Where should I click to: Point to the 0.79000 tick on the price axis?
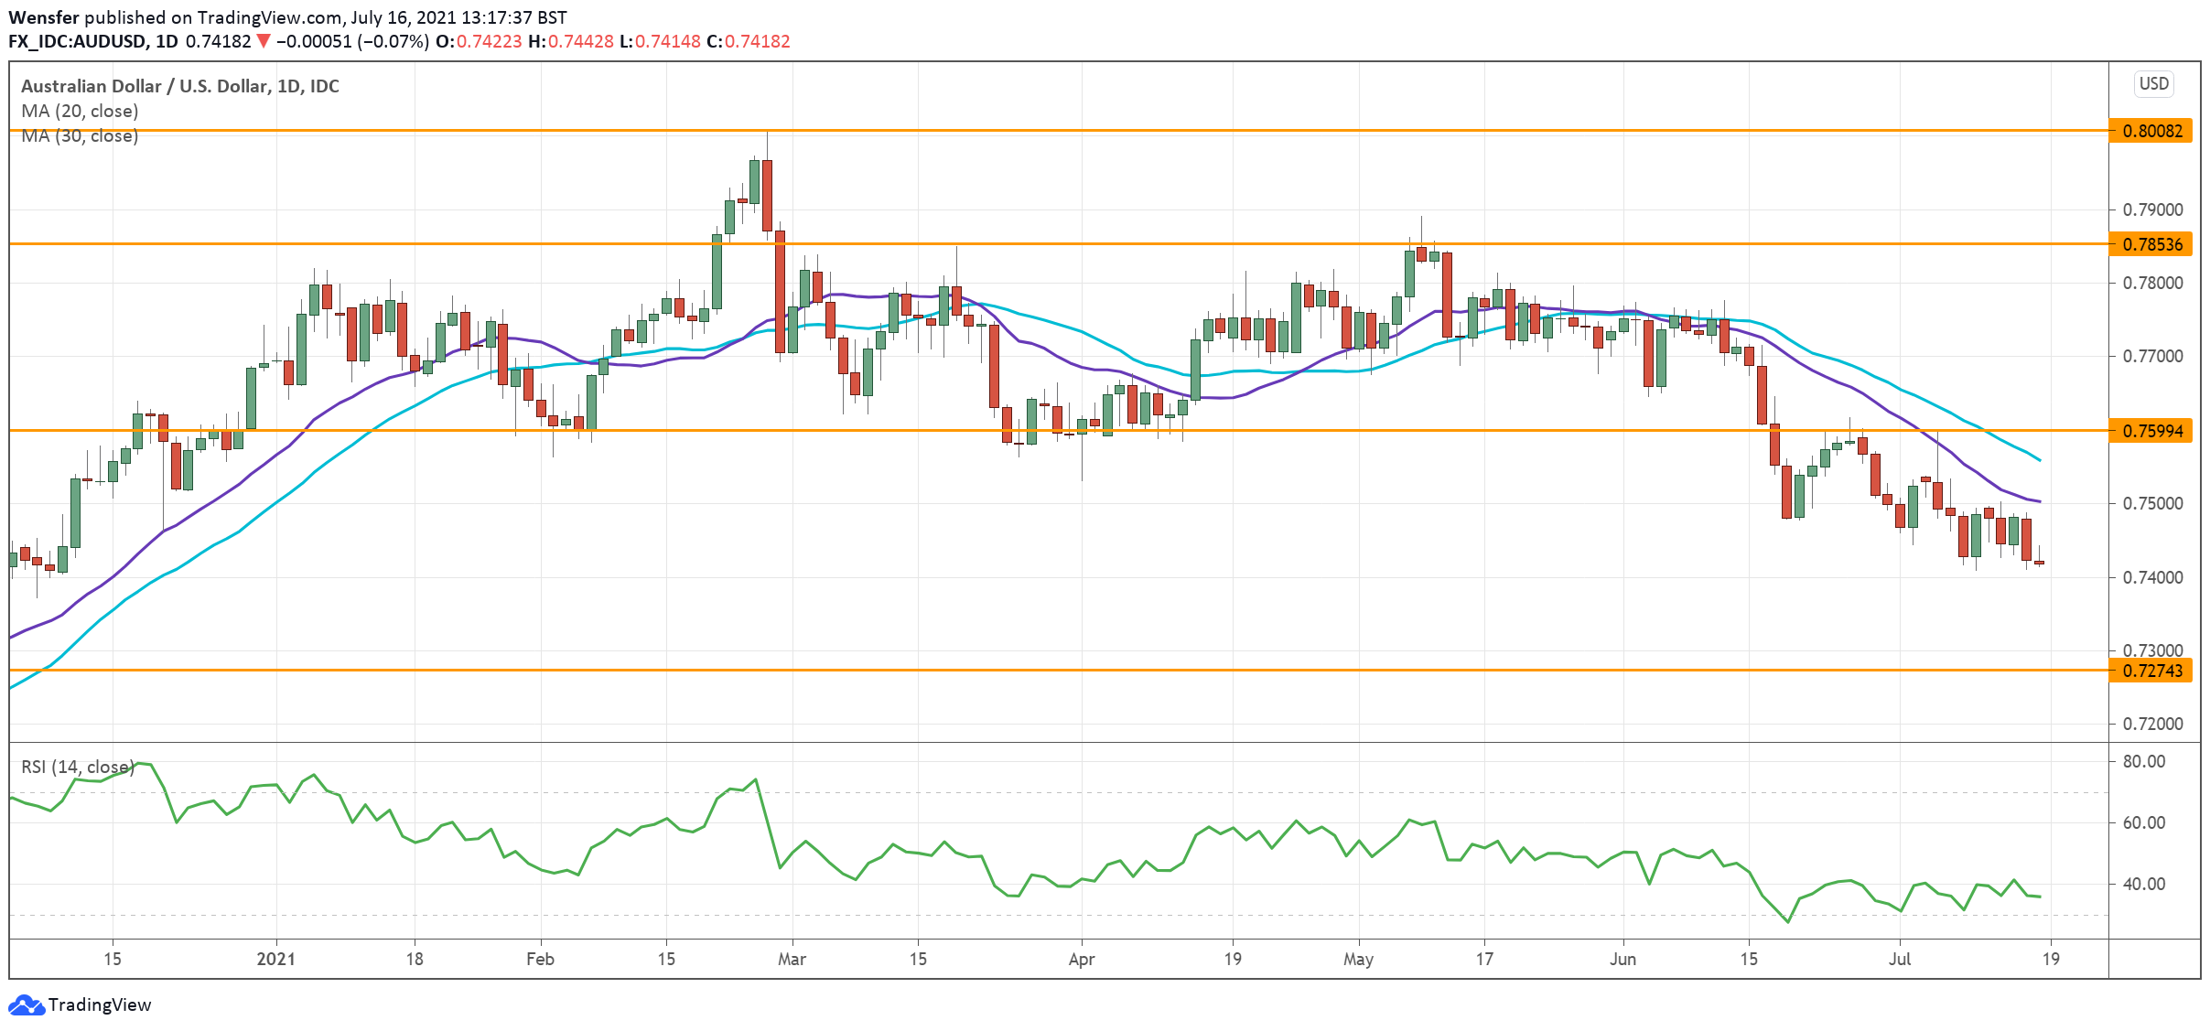click(x=2152, y=209)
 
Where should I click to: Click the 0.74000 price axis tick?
click(x=2152, y=577)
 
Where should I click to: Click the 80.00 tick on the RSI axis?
click(x=2143, y=761)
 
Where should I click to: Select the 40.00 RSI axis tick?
click(x=2143, y=884)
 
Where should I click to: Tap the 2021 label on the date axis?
click(x=275, y=959)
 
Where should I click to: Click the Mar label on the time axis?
click(x=792, y=959)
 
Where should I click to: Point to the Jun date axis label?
click(x=1622, y=959)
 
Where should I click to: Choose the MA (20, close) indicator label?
click(x=80, y=111)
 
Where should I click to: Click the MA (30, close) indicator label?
click(x=80, y=136)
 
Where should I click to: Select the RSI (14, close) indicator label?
click(x=78, y=767)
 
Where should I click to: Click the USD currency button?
click(x=2153, y=84)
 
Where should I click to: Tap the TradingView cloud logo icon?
click(x=26, y=1004)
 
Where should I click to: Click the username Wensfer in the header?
click(x=43, y=17)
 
